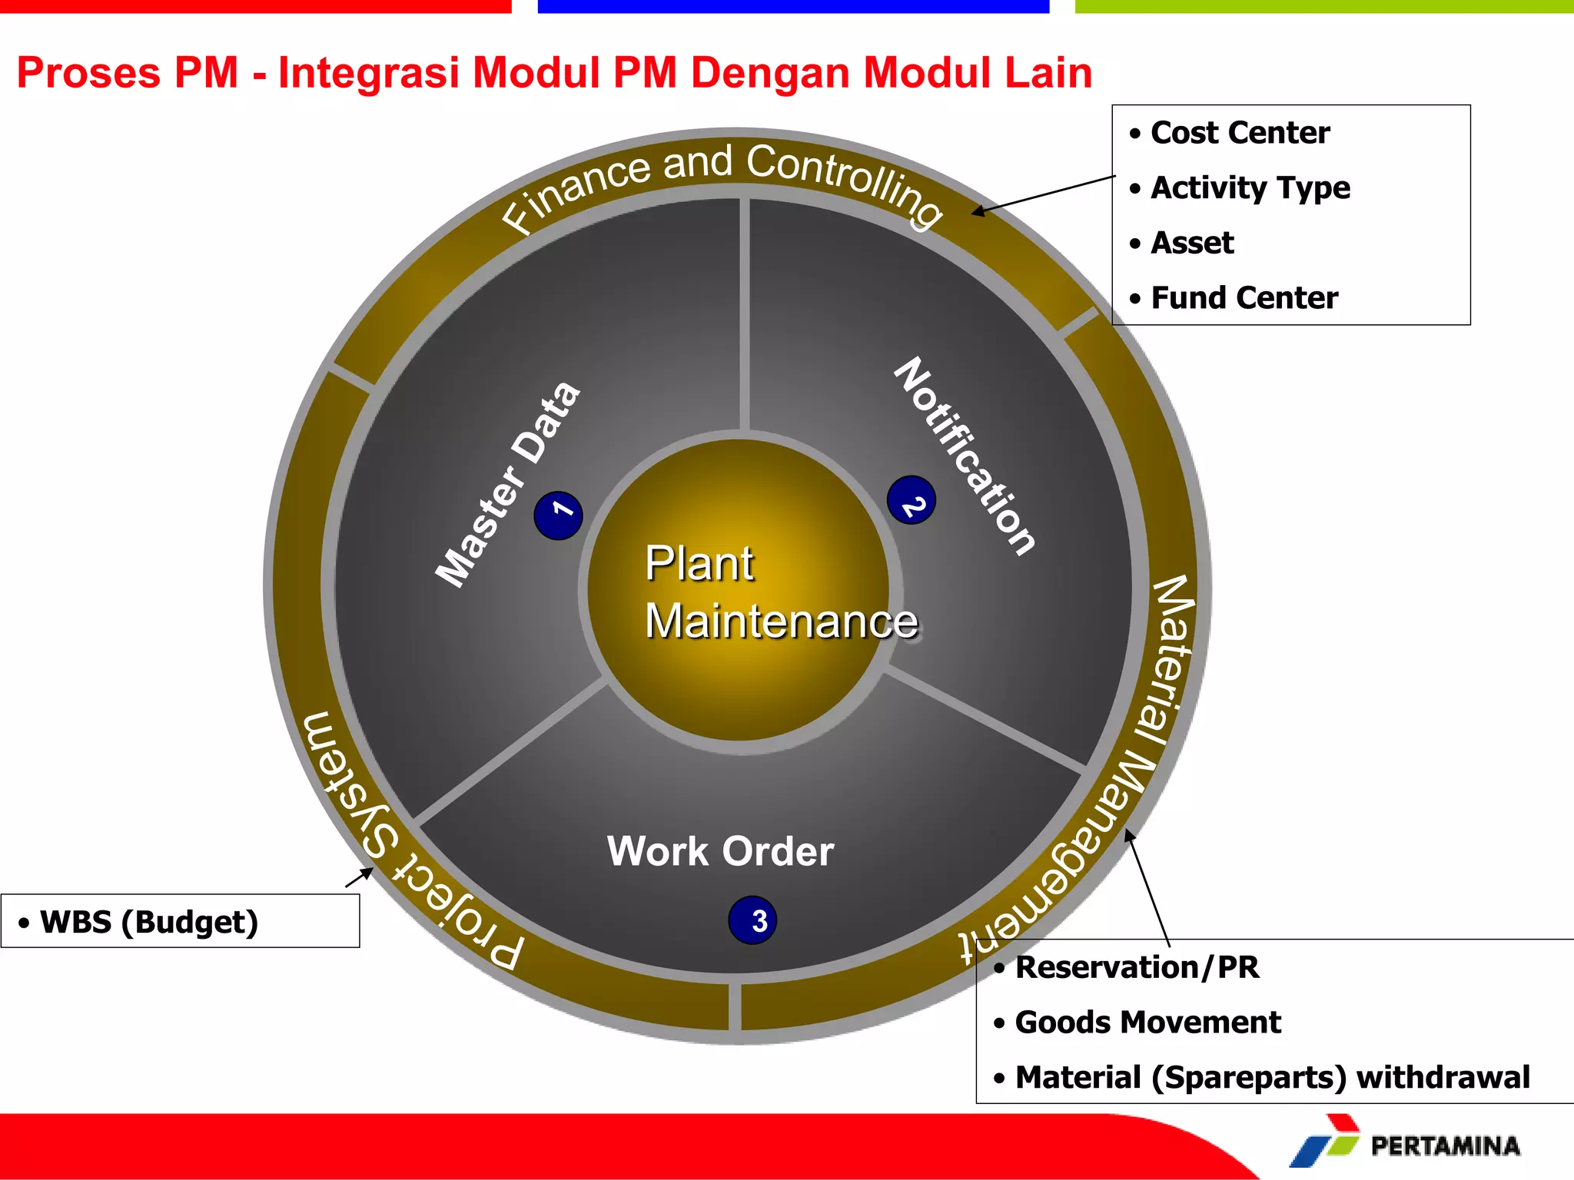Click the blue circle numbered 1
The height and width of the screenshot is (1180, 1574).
pos(558,515)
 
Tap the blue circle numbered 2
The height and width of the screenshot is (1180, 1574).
pos(912,500)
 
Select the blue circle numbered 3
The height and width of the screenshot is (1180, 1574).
pos(752,920)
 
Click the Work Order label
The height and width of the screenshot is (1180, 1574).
pos(720,851)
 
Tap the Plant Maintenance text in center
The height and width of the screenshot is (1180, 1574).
pos(780,592)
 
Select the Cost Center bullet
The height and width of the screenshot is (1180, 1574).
pos(1240,133)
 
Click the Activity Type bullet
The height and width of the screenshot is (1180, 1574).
pos(1250,188)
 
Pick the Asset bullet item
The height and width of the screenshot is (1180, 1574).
pos(1191,243)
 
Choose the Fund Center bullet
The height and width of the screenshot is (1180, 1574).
pos(1244,298)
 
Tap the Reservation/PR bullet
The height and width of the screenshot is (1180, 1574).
pos(1137,967)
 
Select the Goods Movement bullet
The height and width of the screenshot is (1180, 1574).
pos(1147,1023)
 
